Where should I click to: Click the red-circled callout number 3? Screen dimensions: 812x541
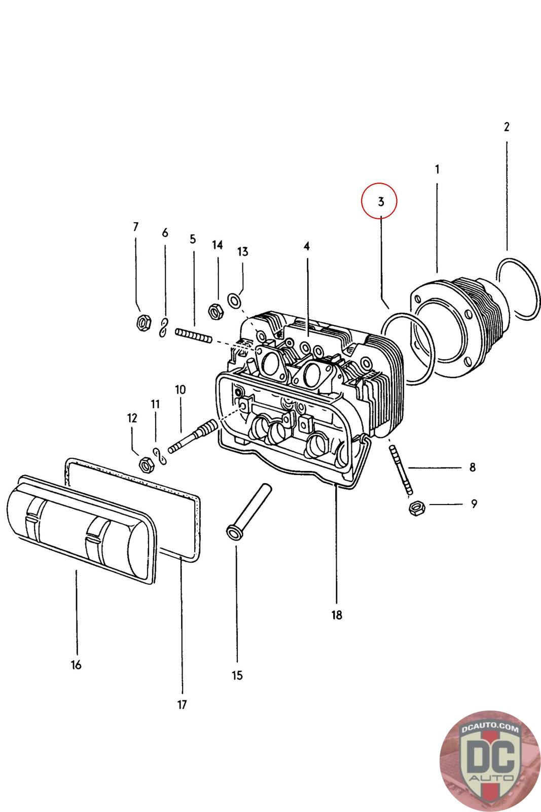click(381, 201)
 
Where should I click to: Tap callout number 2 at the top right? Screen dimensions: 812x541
click(506, 127)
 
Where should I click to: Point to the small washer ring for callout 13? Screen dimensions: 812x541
click(234, 300)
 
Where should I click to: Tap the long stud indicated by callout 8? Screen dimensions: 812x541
click(400, 468)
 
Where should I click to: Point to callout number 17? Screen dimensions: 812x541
click(182, 704)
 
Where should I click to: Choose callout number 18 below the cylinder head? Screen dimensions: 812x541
click(337, 615)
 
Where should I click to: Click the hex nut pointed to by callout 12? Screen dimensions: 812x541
click(146, 463)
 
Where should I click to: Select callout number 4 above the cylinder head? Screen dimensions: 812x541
click(307, 246)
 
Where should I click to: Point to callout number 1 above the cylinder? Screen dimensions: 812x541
click(437, 169)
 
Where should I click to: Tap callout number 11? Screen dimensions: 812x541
click(155, 404)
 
